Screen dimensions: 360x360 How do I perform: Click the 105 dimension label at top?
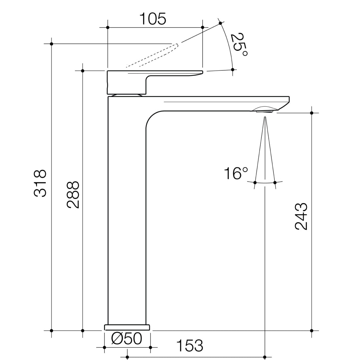[x=152, y=19]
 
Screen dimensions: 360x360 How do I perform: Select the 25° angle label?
[x=239, y=45]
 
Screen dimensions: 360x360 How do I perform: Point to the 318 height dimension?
[x=40, y=183]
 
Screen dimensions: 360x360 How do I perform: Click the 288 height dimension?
[x=73, y=195]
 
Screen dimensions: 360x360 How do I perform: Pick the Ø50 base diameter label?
[x=127, y=339]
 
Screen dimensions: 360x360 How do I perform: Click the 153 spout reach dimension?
[x=189, y=346]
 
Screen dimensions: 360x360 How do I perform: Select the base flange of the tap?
[x=127, y=327]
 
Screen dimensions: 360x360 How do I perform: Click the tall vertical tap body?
[x=127, y=217]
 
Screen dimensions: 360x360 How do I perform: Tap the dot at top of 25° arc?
[x=220, y=23]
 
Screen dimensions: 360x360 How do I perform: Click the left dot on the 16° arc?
[x=255, y=182]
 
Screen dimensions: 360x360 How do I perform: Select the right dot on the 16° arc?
[x=275, y=182]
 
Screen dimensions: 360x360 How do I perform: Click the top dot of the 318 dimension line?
[x=51, y=44]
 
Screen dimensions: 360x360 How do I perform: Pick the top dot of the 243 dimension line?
[x=312, y=113]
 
